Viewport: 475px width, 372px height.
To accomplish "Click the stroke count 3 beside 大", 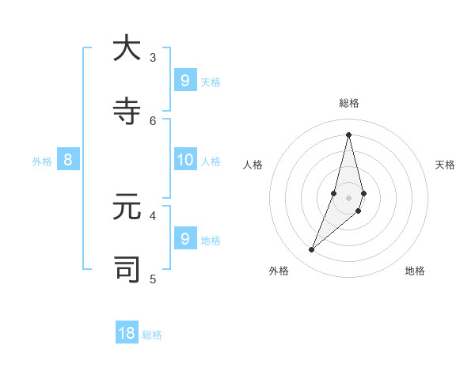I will tap(153, 57).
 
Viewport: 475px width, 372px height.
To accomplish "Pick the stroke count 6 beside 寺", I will tap(153, 120).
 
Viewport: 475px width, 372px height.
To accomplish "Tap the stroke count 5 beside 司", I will tap(153, 279).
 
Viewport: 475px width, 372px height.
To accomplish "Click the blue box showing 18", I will tap(127, 333).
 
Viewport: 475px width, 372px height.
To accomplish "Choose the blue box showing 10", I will tap(185, 160).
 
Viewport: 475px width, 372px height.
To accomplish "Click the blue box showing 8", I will tap(68, 160).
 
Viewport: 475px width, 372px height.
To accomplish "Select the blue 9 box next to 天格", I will tap(185, 80).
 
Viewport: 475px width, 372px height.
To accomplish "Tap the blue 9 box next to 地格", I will tap(185, 238).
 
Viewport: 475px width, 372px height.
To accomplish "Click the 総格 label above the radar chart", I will tap(349, 103).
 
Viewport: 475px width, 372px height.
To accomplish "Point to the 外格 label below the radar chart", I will tap(279, 271).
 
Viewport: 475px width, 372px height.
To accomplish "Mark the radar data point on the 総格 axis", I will tap(348, 134).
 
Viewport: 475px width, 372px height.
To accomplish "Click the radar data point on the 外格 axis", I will tap(312, 250).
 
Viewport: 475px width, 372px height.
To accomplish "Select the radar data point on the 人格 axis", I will tap(334, 193).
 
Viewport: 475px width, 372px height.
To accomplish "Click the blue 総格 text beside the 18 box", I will tap(152, 335).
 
